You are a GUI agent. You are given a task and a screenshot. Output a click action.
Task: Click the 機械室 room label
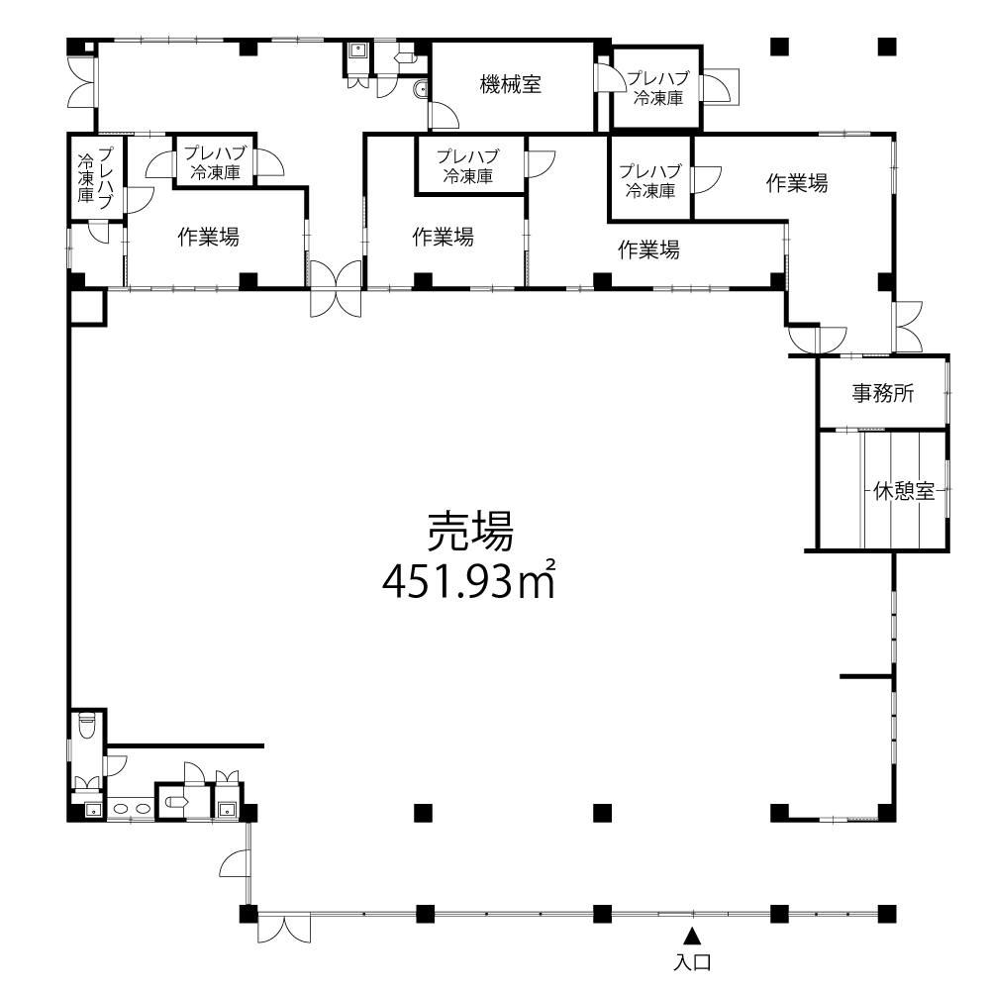click(x=510, y=84)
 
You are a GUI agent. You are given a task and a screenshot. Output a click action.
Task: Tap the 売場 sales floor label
click(x=470, y=531)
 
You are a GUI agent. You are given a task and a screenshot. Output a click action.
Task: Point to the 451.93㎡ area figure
click(x=468, y=579)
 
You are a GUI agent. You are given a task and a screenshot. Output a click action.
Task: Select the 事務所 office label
click(x=883, y=393)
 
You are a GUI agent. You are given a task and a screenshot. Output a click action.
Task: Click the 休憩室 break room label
click(x=904, y=491)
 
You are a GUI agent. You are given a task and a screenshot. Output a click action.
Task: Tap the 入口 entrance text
click(x=693, y=962)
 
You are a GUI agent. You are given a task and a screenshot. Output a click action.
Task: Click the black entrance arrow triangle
click(x=693, y=936)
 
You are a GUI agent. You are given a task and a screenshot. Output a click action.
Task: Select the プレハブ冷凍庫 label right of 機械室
click(x=658, y=88)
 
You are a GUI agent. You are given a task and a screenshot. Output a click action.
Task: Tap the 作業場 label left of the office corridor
click(x=797, y=183)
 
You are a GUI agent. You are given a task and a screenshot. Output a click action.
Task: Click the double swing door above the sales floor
click(x=336, y=288)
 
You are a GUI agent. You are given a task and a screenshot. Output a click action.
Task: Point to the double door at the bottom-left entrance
click(x=284, y=929)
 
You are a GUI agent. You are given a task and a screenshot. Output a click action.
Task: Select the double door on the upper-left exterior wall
click(x=82, y=82)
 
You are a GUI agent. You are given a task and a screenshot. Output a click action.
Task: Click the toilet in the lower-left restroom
click(x=86, y=725)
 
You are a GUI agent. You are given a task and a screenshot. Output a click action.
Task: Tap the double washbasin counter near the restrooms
click(x=131, y=808)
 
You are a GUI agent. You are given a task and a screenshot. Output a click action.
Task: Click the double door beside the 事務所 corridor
click(x=907, y=327)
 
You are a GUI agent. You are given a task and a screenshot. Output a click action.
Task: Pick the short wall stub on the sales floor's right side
click(x=866, y=677)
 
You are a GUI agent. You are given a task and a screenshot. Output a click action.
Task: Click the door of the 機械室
click(x=443, y=115)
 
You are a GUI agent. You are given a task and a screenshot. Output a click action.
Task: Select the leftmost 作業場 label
click(x=208, y=237)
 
